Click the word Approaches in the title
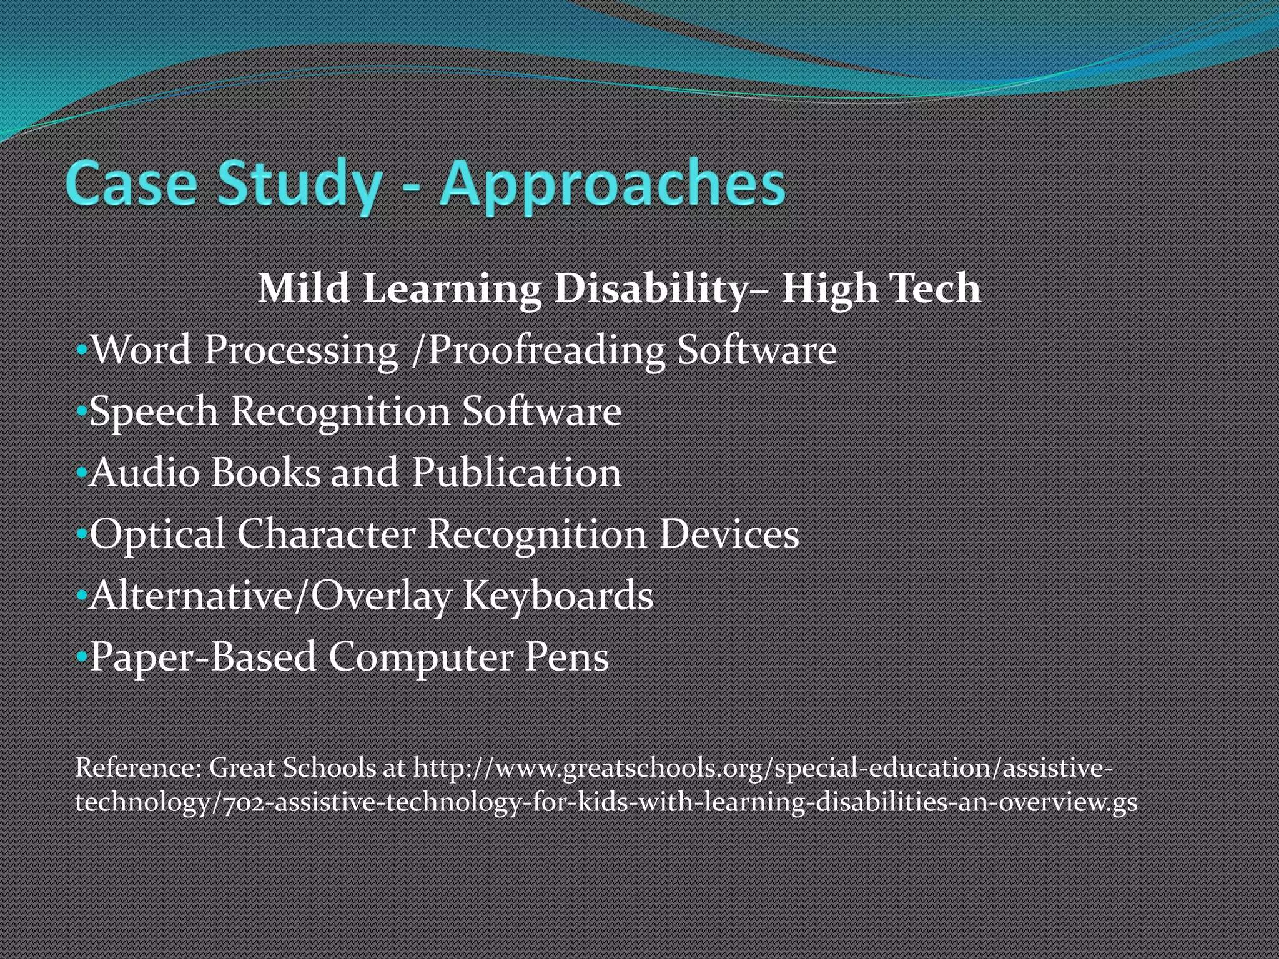pyautogui.click(x=612, y=184)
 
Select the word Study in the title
pyautogui.click(x=300, y=184)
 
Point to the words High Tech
pyautogui.click(x=881, y=289)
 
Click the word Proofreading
pyautogui.click(x=546, y=350)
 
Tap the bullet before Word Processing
pyautogui.click(x=81, y=350)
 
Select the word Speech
pyautogui.click(x=154, y=412)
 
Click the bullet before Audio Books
pyautogui.click(x=81, y=473)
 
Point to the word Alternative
pyautogui.click(x=190, y=596)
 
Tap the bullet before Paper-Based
pyautogui.click(x=81, y=657)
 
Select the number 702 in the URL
pyautogui.click(x=244, y=802)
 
